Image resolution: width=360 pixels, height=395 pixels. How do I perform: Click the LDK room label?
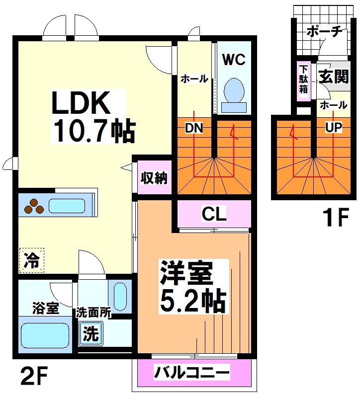point(82,105)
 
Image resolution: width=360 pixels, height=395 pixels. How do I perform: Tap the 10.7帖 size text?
point(93,131)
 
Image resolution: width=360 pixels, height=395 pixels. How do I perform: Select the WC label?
point(234,60)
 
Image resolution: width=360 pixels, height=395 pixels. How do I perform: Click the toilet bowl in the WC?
point(233,91)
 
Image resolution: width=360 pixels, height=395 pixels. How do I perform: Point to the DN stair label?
point(193,128)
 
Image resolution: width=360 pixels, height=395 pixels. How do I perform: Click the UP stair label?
point(333,128)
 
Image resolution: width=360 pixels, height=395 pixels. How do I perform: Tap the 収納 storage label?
point(153,177)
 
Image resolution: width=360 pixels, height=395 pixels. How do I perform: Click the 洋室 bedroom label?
point(186,274)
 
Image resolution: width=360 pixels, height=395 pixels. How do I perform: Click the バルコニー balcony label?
point(192,372)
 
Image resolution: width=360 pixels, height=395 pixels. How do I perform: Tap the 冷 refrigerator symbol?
point(32,260)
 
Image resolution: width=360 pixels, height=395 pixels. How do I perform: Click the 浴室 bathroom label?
point(46,309)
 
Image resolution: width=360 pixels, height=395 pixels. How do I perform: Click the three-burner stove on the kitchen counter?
point(33,206)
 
